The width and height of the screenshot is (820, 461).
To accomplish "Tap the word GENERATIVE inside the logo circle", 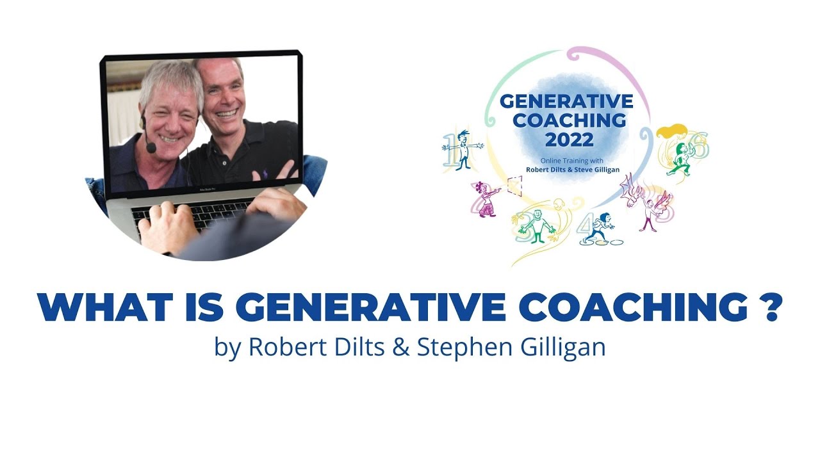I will tap(566, 101).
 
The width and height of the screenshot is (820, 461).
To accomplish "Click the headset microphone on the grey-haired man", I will tap(151, 147).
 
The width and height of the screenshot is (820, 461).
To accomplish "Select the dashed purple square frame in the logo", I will tap(514, 186).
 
